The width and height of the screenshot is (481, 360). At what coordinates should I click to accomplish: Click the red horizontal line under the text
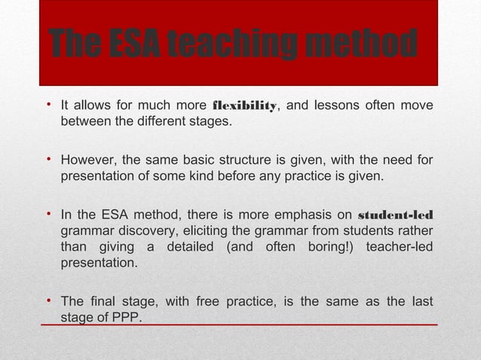pyautogui.click(x=241, y=325)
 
